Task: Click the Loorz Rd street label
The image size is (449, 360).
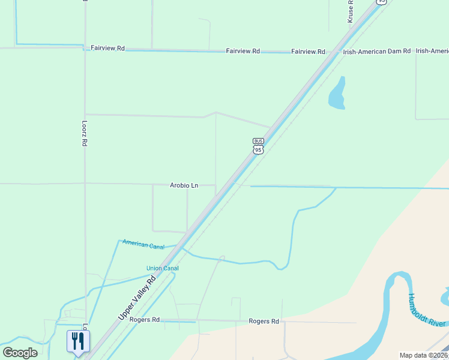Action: coord(85,135)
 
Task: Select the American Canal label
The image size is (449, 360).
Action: coord(143,244)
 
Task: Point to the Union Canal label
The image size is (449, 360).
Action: coord(163,268)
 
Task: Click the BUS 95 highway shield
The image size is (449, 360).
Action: coord(258,146)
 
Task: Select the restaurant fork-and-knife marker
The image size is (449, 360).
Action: coord(78,342)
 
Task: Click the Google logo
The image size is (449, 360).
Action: coord(20,353)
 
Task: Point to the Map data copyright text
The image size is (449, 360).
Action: coord(423,355)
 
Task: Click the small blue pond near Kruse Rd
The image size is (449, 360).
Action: coord(337,94)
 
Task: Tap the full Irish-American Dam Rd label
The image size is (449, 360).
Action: coord(376,52)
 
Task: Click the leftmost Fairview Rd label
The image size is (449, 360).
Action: coord(107,47)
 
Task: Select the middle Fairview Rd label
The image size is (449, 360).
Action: coord(243,52)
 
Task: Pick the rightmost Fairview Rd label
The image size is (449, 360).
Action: coord(307,52)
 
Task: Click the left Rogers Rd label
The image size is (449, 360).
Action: coord(146,320)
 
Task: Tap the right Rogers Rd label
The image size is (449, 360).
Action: coord(264,322)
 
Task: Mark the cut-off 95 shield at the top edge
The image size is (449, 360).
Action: coord(381,2)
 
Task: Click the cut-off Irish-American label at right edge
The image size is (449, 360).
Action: coord(432,52)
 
